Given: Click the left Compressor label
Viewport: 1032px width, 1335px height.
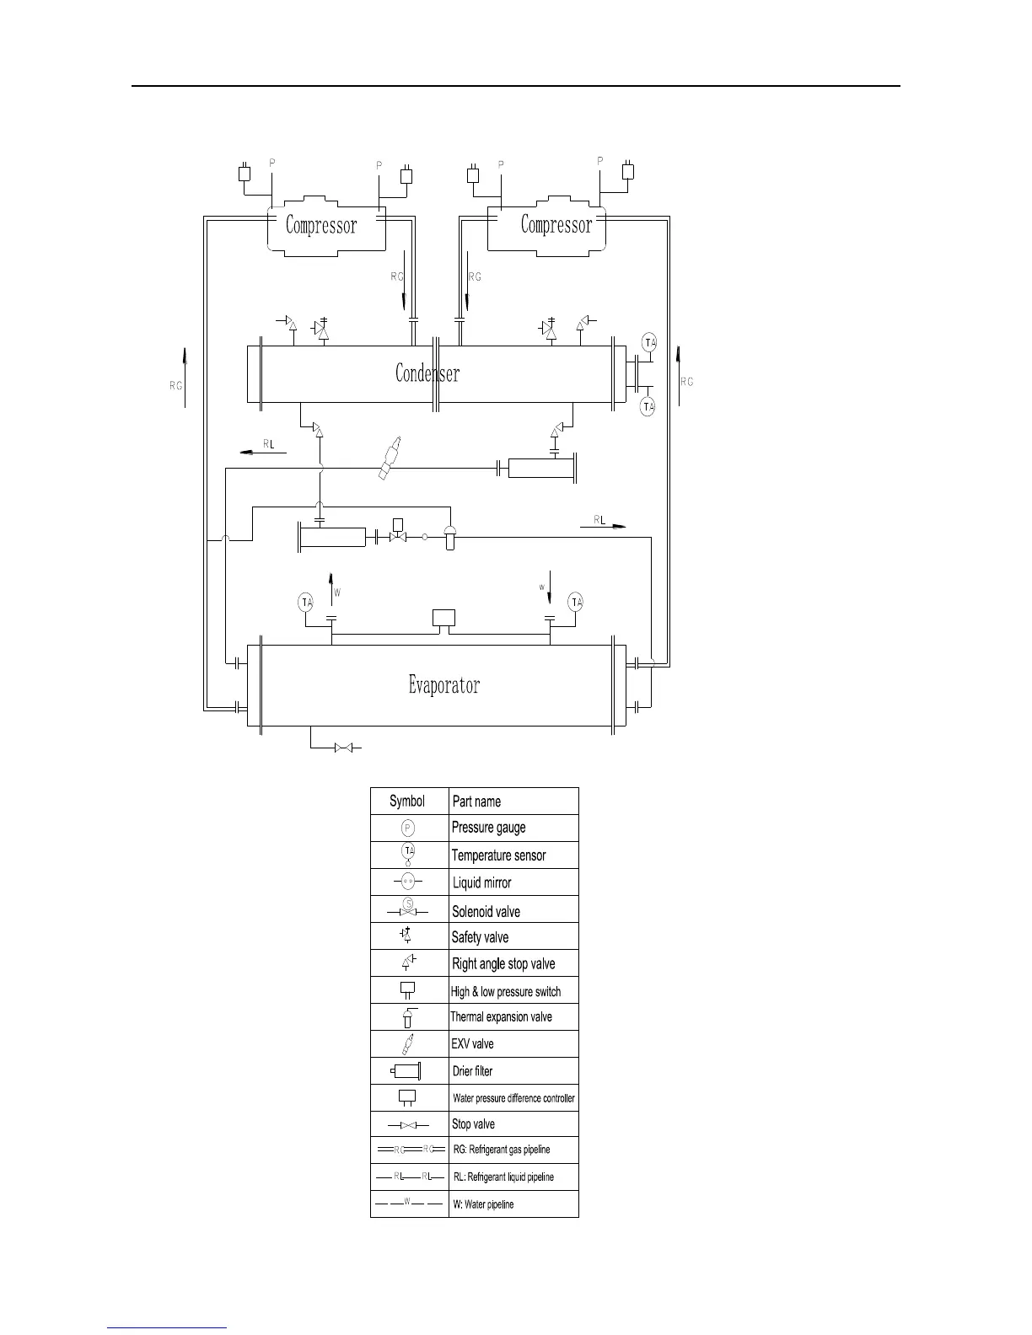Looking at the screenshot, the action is click(321, 226).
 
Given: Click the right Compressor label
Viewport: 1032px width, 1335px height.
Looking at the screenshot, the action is click(556, 225).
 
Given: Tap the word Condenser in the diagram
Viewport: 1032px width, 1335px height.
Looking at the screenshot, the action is click(427, 373).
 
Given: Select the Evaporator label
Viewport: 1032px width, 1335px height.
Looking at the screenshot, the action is click(444, 685).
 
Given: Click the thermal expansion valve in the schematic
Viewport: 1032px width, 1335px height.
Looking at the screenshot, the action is click(449, 536).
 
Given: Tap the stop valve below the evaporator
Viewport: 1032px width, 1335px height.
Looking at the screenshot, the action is click(344, 748).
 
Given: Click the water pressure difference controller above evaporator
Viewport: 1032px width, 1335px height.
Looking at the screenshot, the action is click(443, 618).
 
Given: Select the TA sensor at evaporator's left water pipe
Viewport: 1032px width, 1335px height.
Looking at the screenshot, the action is click(306, 602).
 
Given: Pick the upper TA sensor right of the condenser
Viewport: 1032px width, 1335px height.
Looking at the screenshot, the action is click(648, 343).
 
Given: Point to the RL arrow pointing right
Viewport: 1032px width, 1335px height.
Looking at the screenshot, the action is click(604, 523).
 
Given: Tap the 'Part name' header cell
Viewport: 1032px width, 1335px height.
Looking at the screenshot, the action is click(476, 802).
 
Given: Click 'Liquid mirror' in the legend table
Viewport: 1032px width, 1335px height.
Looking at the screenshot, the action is click(481, 882).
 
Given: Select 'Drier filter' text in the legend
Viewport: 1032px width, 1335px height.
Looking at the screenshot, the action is click(472, 1071).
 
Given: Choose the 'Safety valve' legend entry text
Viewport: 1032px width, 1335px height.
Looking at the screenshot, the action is click(480, 937).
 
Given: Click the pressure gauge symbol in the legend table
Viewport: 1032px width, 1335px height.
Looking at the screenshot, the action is click(408, 828).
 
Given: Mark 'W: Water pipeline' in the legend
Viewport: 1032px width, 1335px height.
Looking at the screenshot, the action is click(483, 1204).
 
